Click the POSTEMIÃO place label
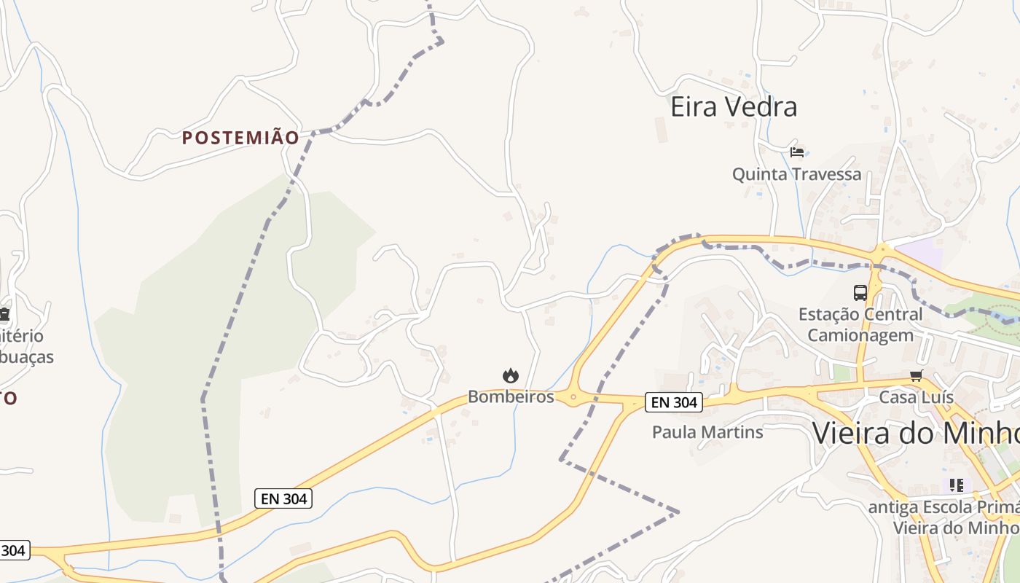(240, 138)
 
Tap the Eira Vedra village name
(734, 107)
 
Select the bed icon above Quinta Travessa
(797, 152)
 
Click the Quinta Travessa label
(796, 174)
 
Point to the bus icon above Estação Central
(860, 293)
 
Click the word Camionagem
(860, 335)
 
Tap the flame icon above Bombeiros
(511, 376)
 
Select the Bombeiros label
(511, 397)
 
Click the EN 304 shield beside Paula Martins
(674, 402)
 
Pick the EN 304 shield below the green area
(284, 499)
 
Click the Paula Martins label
(707, 432)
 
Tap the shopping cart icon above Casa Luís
(916, 376)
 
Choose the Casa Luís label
(916, 397)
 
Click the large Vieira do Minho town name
(915, 434)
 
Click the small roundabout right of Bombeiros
(573, 398)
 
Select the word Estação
(827, 315)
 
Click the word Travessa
(827, 174)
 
